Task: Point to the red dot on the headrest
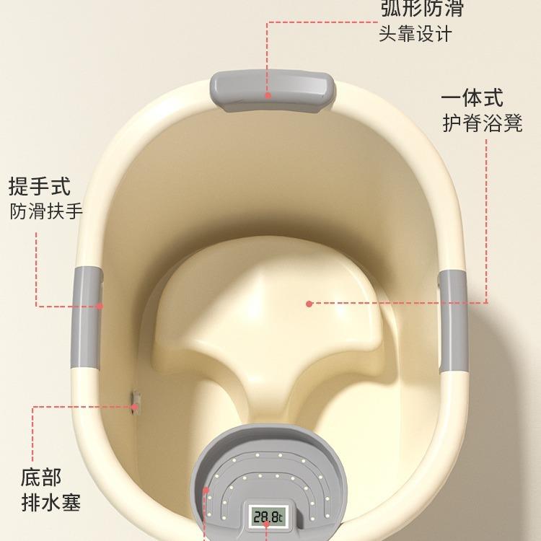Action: pos(268,95)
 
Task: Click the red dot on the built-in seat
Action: pos(309,304)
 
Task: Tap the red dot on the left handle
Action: pos(100,306)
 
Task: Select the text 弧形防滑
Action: pos(421,9)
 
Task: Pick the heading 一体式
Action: pos(472,98)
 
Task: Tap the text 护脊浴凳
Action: pos(482,123)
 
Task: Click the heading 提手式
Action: pos(40,186)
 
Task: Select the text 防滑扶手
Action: pos(46,211)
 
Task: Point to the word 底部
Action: pos(41,477)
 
